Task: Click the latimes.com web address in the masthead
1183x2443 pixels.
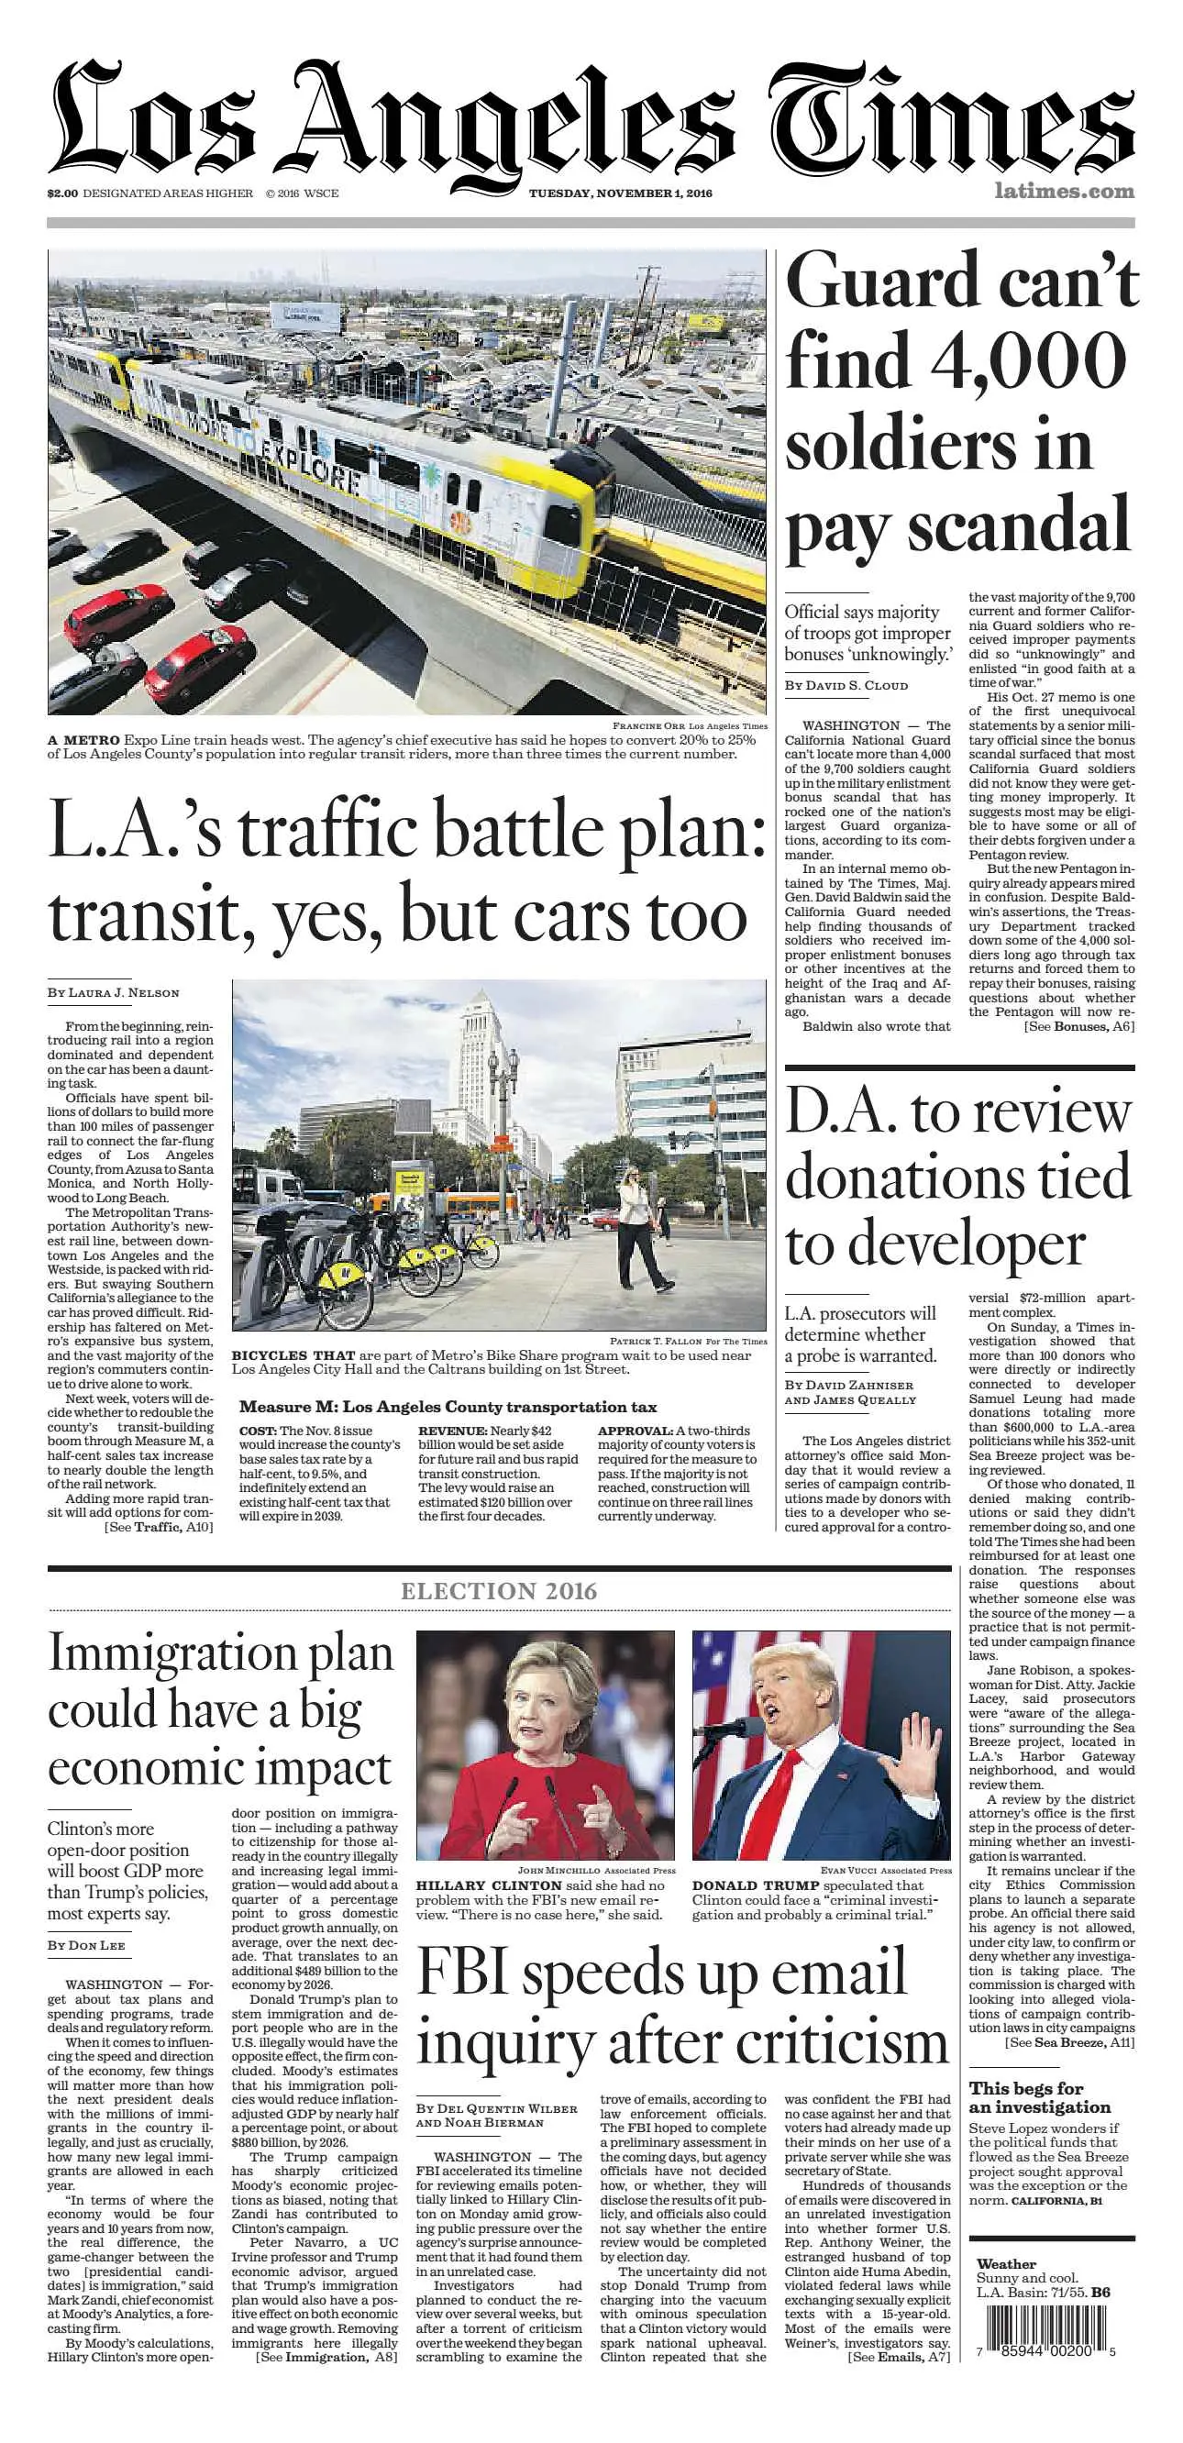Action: coord(1064,191)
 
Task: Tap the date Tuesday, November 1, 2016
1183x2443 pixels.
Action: coord(621,193)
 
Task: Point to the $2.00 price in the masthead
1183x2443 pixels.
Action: coord(62,193)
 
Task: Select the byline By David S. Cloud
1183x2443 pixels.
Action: coord(846,685)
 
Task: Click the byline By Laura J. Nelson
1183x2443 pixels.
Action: coord(113,992)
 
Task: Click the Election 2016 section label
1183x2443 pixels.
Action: coord(499,1590)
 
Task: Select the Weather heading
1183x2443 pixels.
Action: coord(1007,2263)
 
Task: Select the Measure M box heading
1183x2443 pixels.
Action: coord(448,1407)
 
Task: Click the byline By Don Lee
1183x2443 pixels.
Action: coord(86,1945)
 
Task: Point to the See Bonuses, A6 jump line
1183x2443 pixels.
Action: coord(1078,1026)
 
